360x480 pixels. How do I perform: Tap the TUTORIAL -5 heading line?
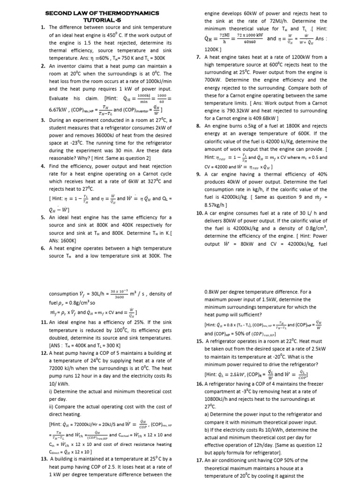point(102,20)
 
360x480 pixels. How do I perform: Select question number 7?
point(198,57)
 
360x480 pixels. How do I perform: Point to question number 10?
point(199,212)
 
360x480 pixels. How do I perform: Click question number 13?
point(45,458)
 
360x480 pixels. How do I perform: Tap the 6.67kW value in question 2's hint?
point(59,110)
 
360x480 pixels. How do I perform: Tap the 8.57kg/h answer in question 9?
point(216,205)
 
